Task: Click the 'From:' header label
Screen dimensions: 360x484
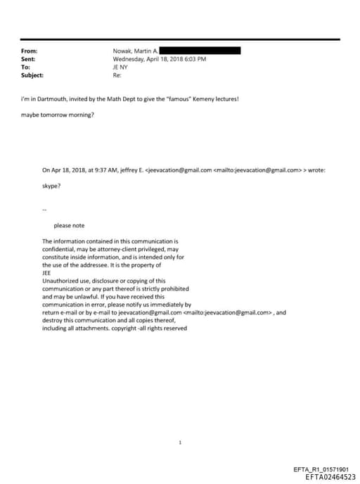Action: [29, 51]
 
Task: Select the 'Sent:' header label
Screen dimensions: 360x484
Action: [29, 59]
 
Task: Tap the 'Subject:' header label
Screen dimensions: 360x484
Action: [32, 75]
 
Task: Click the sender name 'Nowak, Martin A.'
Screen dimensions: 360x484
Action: [136, 51]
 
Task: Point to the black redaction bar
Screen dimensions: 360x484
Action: [201, 51]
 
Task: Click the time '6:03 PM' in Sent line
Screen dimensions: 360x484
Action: [194, 59]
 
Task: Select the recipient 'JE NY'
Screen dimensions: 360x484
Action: [121, 68]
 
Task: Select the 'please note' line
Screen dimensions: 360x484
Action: [69, 225]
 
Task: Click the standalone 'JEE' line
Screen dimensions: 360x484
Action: [47, 272]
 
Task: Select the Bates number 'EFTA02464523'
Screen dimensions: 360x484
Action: [330, 476]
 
